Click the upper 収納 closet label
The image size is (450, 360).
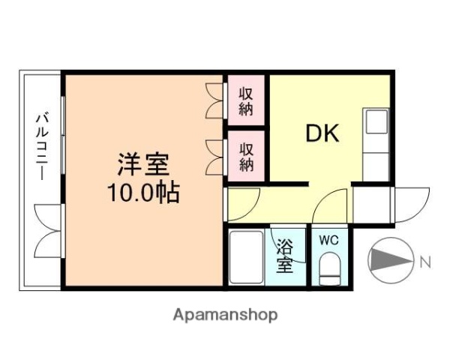[x=247, y=101]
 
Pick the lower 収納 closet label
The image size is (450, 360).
[x=247, y=156]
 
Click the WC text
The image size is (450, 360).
[x=328, y=240]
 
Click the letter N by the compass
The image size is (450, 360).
[x=424, y=262]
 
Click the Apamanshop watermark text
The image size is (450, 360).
[x=226, y=314]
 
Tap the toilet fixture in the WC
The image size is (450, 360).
[x=329, y=268]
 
